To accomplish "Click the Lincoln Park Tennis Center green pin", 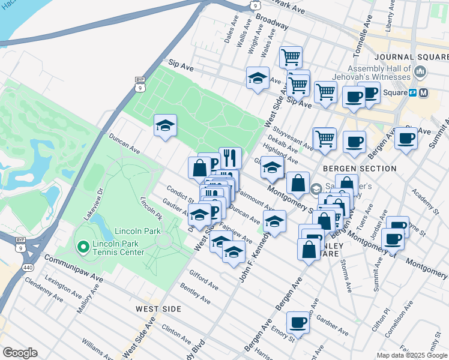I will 82,246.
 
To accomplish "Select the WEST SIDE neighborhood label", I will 158,308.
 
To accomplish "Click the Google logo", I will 20,353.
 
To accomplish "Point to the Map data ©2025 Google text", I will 411,355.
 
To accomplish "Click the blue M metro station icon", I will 424,93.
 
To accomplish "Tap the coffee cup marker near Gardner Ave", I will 298,323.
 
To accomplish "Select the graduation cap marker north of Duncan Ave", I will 165,125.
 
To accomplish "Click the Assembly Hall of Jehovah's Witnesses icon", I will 420,73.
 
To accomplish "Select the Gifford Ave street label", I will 203,280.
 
